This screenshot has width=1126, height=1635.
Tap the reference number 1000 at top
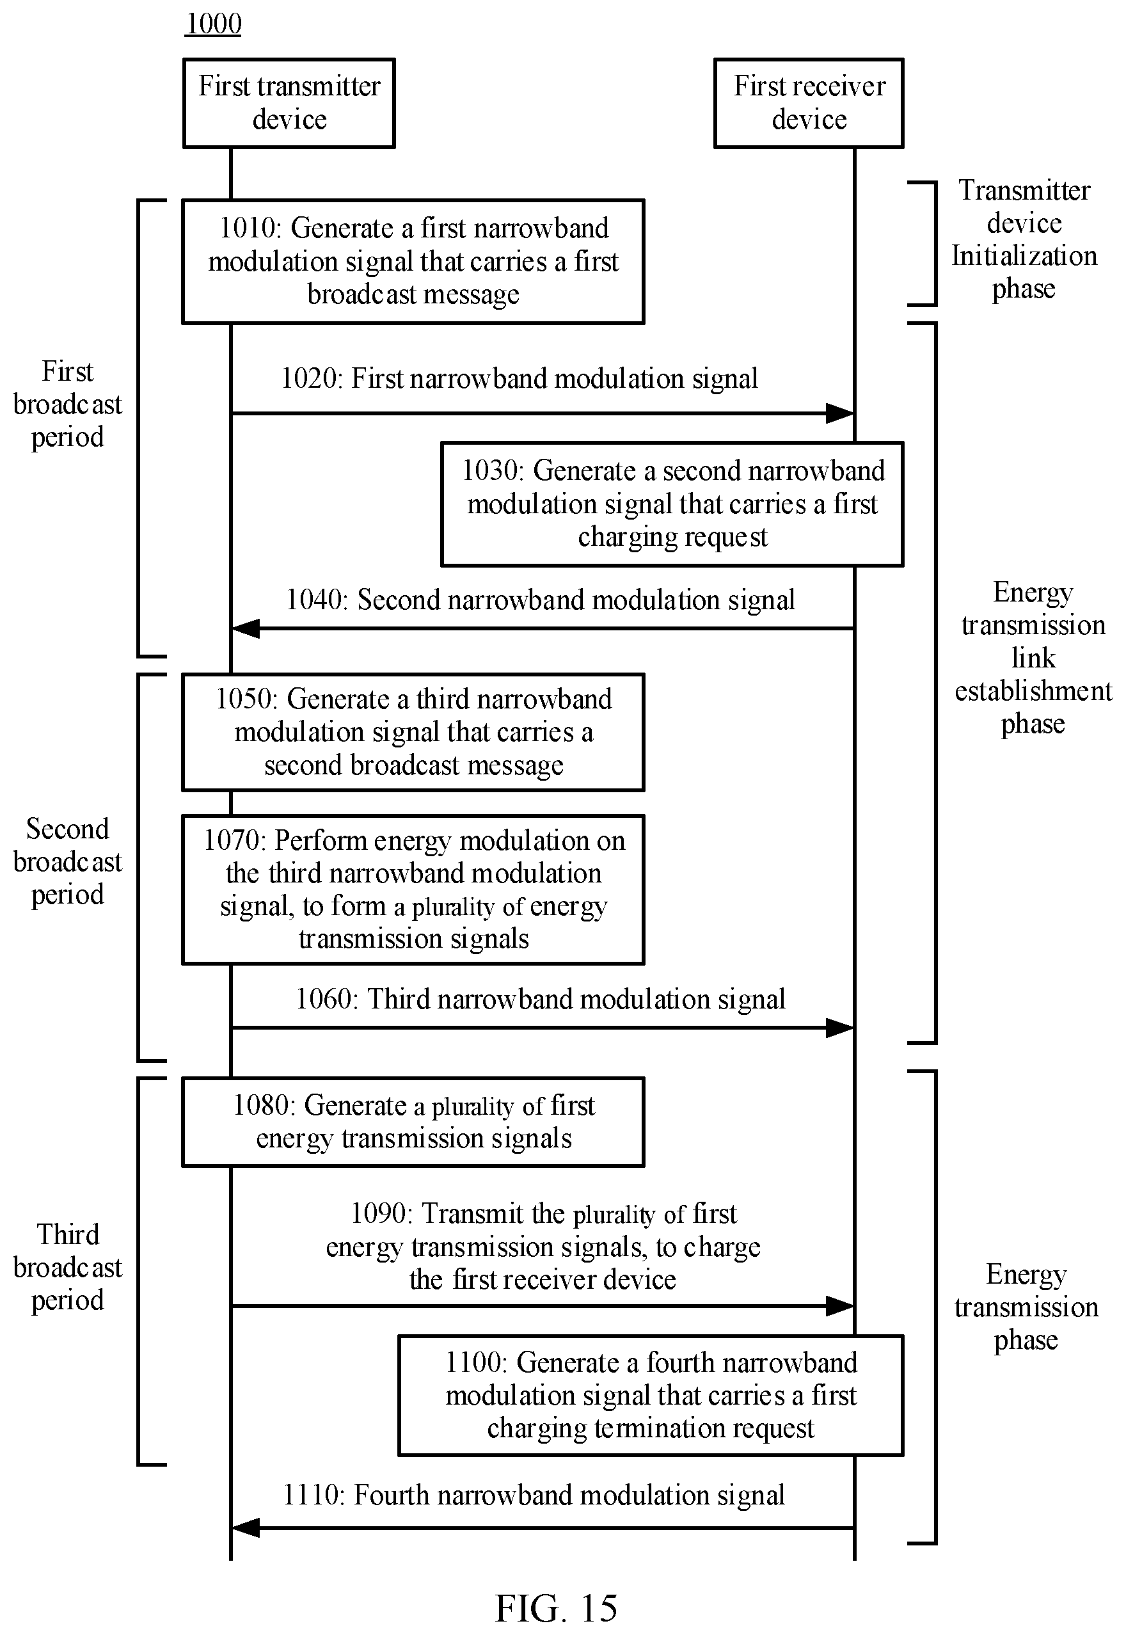pyautogui.click(x=213, y=24)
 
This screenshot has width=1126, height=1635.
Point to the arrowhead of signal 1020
pyautogui.click(x=840, y=413)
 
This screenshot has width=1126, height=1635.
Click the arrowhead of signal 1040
pyautogui.click(x=246, y=628)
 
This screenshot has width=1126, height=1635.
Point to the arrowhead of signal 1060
pyautogui.click(x=840, y=1028)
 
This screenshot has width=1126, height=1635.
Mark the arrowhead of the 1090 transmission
pyautogui.click(x=840, y=1306)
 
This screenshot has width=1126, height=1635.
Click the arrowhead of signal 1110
pyautogui.click(x=246, y=1528)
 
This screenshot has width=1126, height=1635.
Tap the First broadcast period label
pyautogui.click(x=68, y=404)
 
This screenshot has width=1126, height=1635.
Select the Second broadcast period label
pyautogui.click(x=68, y=861)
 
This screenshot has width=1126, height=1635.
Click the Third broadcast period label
pyautogui.click(x=68, y=1267)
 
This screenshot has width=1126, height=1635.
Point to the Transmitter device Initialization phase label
pyautogui.click(x=1024, y=240)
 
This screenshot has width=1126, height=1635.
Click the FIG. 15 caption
pyautogui.click(x=556, y=1608)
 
